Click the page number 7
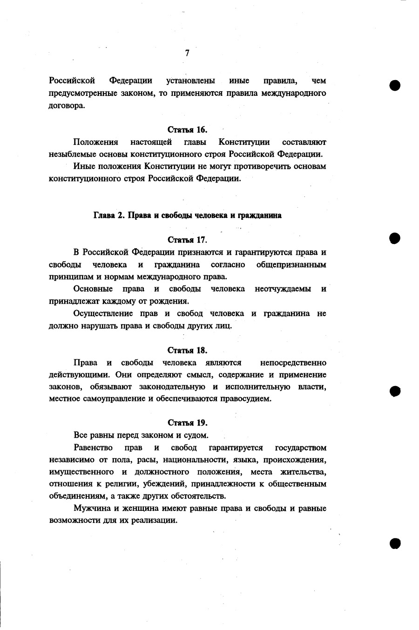click(187, 53)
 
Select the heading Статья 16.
click(187, 129)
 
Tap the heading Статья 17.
click(187, 240)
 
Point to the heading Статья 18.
click(187, 350)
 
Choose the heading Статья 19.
click(187, 423)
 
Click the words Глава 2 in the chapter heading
click(109, 216)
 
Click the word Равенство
click(93, 448)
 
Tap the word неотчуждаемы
click(283, 289)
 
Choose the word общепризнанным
click(291, 265)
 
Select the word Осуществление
click(103, 313)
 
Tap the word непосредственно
click(293, 363)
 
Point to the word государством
click(301, 448)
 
